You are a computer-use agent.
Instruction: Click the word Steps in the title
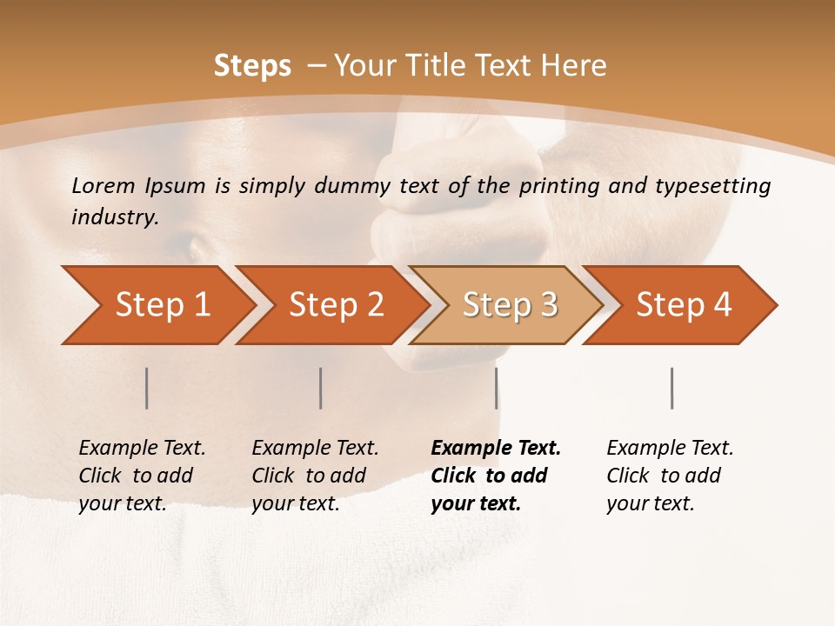pyautogui.click(x=252, y=66)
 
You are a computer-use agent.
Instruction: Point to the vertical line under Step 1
pyautogui.click(x=147, y=388)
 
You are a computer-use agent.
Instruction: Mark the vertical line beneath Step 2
pyautogui.click(x=321, y=388)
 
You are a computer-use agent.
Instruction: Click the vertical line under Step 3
pyautogui.click(x=496, y=388)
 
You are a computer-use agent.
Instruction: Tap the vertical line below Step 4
pyautogui.click(x=671, y=388)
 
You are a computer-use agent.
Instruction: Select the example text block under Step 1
pyautogui.click(x=142, y=476)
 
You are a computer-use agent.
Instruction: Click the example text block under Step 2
pyautogui.click(x=315, y=476)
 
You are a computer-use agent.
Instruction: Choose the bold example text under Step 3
pyautogui.click(x=496, y=476)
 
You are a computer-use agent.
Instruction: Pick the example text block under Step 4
pyautogui.click(x=670, y=476)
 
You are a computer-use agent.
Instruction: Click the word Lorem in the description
pyautogui.click(x=103, y=185)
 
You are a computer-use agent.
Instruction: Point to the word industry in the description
pyautogui.click(x=115, y=217)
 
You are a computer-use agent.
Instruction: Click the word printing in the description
pyautogui.click(x=557, y=185)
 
